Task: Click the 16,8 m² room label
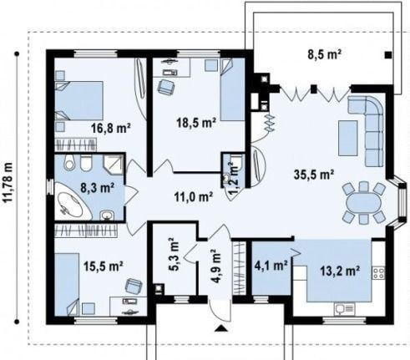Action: (111, 128)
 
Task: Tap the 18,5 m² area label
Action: (197, 122)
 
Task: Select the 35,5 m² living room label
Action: (314, 175)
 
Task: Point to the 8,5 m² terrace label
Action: (325, 54)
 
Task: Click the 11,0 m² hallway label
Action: (194, 197)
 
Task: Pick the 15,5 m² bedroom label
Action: (104, 266)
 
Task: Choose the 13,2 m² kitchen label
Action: (340, 270)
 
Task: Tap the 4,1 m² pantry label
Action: (271, 266)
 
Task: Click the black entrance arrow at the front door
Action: (221, 328)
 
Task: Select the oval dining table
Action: (364, 203)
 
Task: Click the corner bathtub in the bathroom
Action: (73, 200)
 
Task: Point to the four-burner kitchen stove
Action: (378, 273)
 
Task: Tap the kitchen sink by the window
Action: (345, 309)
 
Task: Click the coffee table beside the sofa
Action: (348, 138)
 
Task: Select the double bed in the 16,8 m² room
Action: (79, 101)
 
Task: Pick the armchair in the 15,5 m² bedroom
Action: (134, 286)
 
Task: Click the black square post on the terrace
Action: (388, 55)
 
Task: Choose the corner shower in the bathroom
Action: (114, 165)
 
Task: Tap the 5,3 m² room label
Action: (175, 254)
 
